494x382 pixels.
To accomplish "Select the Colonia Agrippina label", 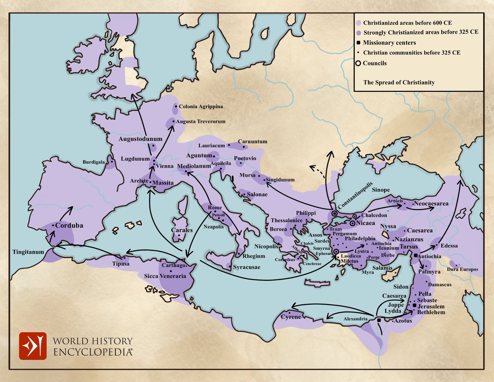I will (201, 107).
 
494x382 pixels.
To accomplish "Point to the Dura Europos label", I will (464, 269).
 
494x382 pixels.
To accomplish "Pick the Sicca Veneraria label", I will (165, 276).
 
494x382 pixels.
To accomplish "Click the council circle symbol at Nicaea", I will (353, 223).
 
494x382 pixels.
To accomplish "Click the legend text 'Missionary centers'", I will (389, 43).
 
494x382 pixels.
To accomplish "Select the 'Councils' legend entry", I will (374, 63).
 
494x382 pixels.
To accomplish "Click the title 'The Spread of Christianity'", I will (399, 82).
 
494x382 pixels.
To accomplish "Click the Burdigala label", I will (93, 162).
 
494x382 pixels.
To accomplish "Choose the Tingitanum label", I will (28, 252).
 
